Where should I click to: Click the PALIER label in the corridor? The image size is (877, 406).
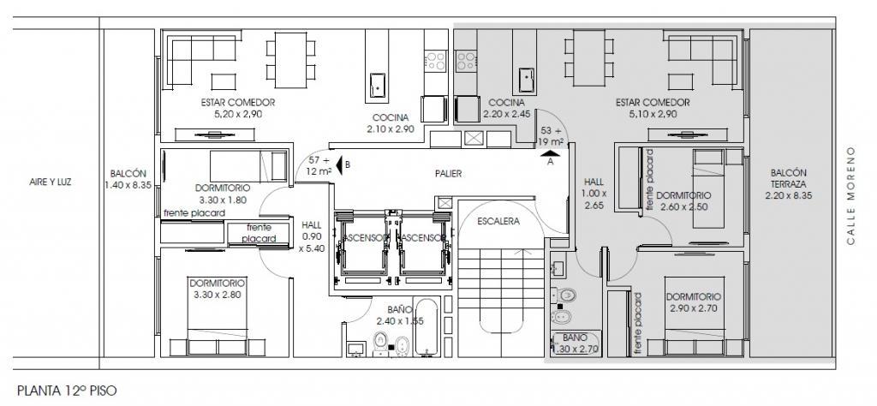pyautogui.click(x=449, y=174)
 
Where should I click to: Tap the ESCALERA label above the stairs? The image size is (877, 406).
pyautogui.click(x=498, y=221)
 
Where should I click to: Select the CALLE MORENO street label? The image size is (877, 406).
pyautogui.click(x=850, y=196)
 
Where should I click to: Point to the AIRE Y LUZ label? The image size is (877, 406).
pyautogui.click(x=51, y=182)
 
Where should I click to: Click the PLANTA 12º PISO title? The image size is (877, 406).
pyautogui.click(x=67, y=391)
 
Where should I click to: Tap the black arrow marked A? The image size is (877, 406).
pyautogui.click(x=551, y=153)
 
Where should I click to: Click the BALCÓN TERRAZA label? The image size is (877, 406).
pyautogui.click(x=788, y=184)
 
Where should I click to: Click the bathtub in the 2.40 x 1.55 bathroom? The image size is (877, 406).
pyautogui.click(x=427, y=327)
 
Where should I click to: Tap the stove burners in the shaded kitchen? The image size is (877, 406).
pyautogui.click(x=465, y=61)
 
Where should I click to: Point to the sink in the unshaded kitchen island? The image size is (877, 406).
pyautogui.click(x=378, y=84)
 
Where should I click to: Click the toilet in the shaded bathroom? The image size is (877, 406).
pyautogui.click(x=563, y=294)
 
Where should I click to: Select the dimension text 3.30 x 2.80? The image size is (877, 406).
pyautogui.click(x=217, y=295)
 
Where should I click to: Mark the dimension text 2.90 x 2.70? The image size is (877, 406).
pyautogui.click(x=693, y=308)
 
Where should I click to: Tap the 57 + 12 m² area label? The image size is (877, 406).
pyautogui.click(x=319, y=165)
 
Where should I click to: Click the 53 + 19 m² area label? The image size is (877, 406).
pyautogui.click(x=551, y=136)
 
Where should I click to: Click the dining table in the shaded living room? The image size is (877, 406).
pyautogui.click(x=589, y=59)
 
